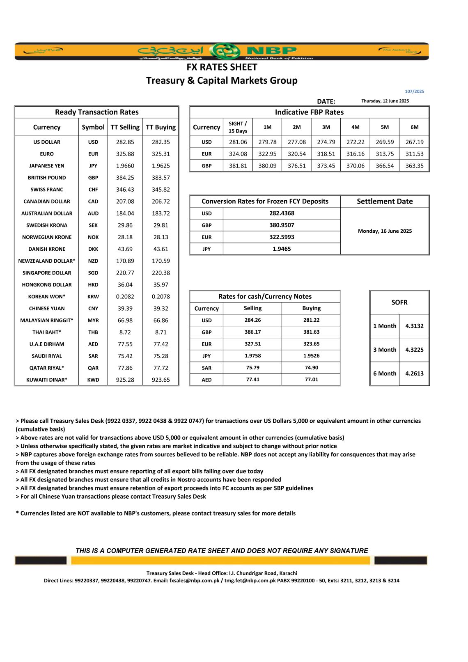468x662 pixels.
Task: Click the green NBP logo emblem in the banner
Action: pyautogui.click(x=225, y=51)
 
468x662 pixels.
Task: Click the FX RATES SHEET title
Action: pyautogui.click(x=222, y=67)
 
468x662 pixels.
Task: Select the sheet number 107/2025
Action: pyautogui.click(x=414, y=92)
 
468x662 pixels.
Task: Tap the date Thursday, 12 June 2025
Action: pyautogui.click(x=385, y=101)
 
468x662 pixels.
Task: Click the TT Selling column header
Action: pyautogui.click(x=125, y=127)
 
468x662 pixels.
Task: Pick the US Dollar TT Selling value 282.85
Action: pyautogui.click(x=125, y=142)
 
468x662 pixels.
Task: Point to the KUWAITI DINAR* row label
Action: pyautogui.click(x=47, y=380)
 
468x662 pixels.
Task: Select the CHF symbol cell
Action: pyautogui.click(x=93, y=190)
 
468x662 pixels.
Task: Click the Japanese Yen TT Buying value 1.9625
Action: pyautogui.click(x=161, y=166)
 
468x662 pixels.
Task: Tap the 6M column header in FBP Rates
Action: pyautogui.click(x=414, y=127)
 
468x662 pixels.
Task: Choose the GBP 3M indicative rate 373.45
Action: pyautogui.click(x=326, y=166)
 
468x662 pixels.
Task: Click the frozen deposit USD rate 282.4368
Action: pyautogui.click(x=282, y=213)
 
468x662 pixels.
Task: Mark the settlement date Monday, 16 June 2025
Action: pyautogui.click(x=385, y=231)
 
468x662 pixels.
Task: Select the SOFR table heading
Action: pyautogui.click(x=399, y=302)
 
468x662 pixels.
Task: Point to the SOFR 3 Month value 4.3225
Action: pyautogui.click(x=414, y=350)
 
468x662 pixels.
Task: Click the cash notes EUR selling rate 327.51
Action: pyautogui.click(x=252, y=344)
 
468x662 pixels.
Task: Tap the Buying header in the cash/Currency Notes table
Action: pyautogui.click(x=311, y=308)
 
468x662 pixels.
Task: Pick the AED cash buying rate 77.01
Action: pyautogui.click(x=311, y=380)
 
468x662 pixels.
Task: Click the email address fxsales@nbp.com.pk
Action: pyautogui.click(x=195, y=581)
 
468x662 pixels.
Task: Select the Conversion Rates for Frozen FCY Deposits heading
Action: pyautogui.click(x=265, y=202)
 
